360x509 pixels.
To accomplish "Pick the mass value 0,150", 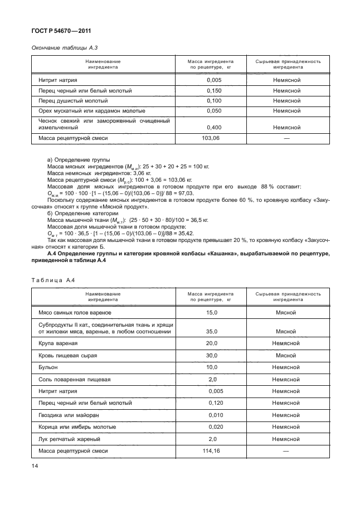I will coord(214,90).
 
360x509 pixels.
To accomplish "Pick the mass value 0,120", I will coord(216,403).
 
